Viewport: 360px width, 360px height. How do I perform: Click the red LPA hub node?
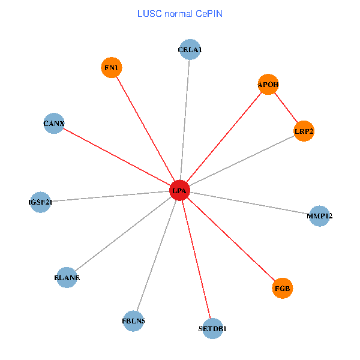click(x=179, y=191)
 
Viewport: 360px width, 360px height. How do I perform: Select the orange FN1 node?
click(x=112, y=68)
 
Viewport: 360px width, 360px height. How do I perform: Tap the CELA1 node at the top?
click(x=190, y=50)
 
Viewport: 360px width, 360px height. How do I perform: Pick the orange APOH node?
click(x=268, y=85)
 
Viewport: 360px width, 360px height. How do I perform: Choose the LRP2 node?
click(x=304, y=131)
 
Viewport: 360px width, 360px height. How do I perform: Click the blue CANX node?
click(x=54, y=124)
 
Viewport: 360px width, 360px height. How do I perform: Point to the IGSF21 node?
click(x=40, y=202)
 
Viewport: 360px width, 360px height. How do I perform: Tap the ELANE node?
click(x=67, y=278)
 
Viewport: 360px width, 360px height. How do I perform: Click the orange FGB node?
click(x=282, y=289)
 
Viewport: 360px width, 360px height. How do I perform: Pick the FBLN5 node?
click(x=133, y=321)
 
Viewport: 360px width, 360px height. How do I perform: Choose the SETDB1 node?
click(x=212, y=329)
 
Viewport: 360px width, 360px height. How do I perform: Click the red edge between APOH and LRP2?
click(x=286, y=108)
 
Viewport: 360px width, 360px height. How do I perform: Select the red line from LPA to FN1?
click(x=146, y=130)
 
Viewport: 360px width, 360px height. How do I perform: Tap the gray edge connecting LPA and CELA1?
click(x=185, y=121)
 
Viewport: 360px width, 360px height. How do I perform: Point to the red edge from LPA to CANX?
click(x=117, y=157)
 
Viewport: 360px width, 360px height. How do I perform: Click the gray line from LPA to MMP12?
click(x=250, y=203)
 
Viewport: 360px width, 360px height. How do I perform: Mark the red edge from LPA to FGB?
click(x=231, y=240)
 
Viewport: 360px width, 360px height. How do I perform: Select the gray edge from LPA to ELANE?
click(x=123, y=235)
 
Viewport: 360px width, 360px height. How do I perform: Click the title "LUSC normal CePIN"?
click(x=180, y=13)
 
